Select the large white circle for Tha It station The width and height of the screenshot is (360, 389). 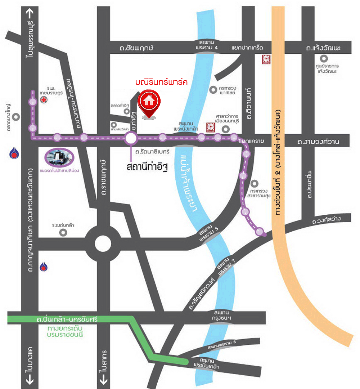coord(131,138)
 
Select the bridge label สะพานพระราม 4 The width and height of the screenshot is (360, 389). coord(207,45)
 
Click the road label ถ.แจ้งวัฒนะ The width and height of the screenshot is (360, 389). coord(323,48)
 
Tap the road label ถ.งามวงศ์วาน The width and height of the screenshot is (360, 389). coord(318,142)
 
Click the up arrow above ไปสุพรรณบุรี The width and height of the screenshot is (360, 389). coord(29,13)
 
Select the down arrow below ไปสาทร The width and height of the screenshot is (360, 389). coord(103,378)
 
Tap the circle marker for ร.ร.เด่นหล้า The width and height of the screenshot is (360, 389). coord(63,232)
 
